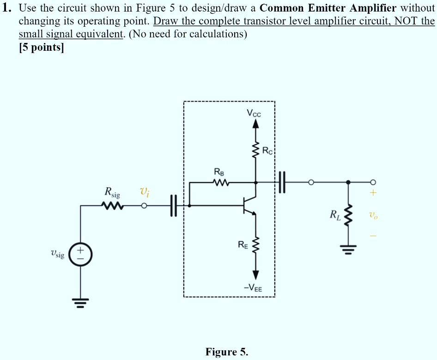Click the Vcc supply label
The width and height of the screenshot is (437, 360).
point(254,114)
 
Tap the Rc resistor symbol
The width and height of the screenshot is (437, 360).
point(255,150)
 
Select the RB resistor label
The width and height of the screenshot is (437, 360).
point(218,172)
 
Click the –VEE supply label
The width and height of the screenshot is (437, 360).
point(253,288)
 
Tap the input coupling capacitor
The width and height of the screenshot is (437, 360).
point(174,205)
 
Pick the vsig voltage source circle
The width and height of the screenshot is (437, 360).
point(81,254)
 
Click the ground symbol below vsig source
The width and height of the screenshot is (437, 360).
point(81,302)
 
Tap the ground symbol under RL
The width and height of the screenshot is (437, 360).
point(349,250)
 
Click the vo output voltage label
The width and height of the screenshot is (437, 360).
point(373,215)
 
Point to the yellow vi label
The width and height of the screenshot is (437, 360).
point(144,191)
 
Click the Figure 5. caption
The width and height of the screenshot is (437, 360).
point(226,352)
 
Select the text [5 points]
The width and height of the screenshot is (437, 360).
point(41,48)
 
